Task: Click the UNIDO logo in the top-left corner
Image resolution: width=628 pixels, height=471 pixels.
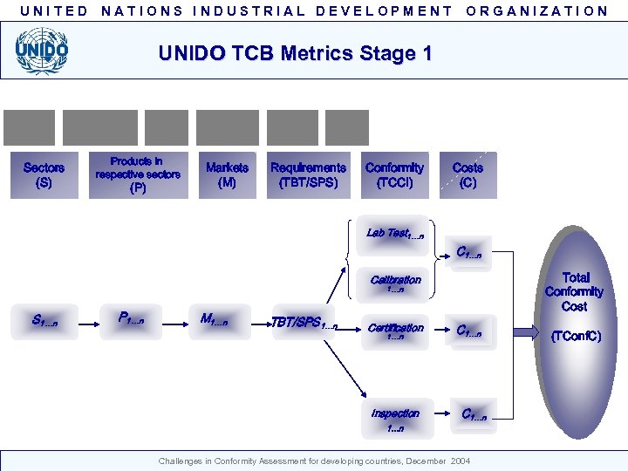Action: pos(41,51)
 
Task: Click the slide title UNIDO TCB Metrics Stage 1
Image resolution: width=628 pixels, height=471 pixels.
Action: pos(295,53)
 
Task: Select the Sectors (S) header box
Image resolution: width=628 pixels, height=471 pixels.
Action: pos(44,175)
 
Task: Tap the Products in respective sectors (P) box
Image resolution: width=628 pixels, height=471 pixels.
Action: pos(138,174)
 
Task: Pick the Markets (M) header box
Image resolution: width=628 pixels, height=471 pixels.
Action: pos(227,175)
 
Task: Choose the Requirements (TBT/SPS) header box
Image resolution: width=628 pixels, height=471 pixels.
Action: pos(308,175)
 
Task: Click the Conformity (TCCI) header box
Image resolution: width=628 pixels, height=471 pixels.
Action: pos(394,175)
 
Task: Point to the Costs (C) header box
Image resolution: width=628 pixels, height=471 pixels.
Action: pos(468,175)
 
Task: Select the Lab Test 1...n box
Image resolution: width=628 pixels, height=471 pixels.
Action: pos(395,234)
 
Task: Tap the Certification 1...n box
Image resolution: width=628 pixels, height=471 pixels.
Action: pos(395,331)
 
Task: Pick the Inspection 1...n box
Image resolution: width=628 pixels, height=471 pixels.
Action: pos(395,418)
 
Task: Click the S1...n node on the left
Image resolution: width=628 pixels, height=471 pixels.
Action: pos(44,321)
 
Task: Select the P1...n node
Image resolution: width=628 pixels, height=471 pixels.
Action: pos(131,320)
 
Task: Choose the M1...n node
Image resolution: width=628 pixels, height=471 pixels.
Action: pos(214,320)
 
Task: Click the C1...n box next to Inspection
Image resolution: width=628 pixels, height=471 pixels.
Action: pos(474,416)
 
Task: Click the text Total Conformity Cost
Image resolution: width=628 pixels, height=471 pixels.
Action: pos(574,292)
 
